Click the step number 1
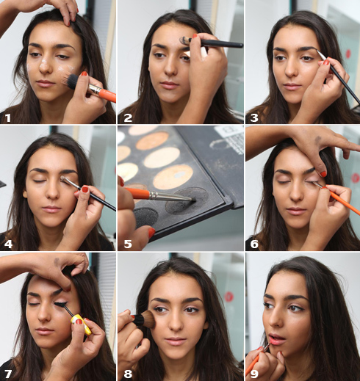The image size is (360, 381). [x=8, y=117]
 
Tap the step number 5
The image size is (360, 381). [x=128, y=244]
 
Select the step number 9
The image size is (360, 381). [x=254, y=374]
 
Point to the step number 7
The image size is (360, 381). [x=8, y=374]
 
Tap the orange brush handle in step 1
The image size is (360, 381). [x=108, y=95]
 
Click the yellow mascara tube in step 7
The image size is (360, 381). [x=81, y=324]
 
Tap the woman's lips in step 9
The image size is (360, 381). [x=276, y=338]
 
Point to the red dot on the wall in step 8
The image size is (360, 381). [x=228, y=297]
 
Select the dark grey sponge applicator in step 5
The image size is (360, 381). [x=146, y=217]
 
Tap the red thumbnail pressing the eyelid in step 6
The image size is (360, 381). [x=323, y=174]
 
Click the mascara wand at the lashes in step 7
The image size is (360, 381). [x=64, y=308]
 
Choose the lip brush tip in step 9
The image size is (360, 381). [x=267, y=346]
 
